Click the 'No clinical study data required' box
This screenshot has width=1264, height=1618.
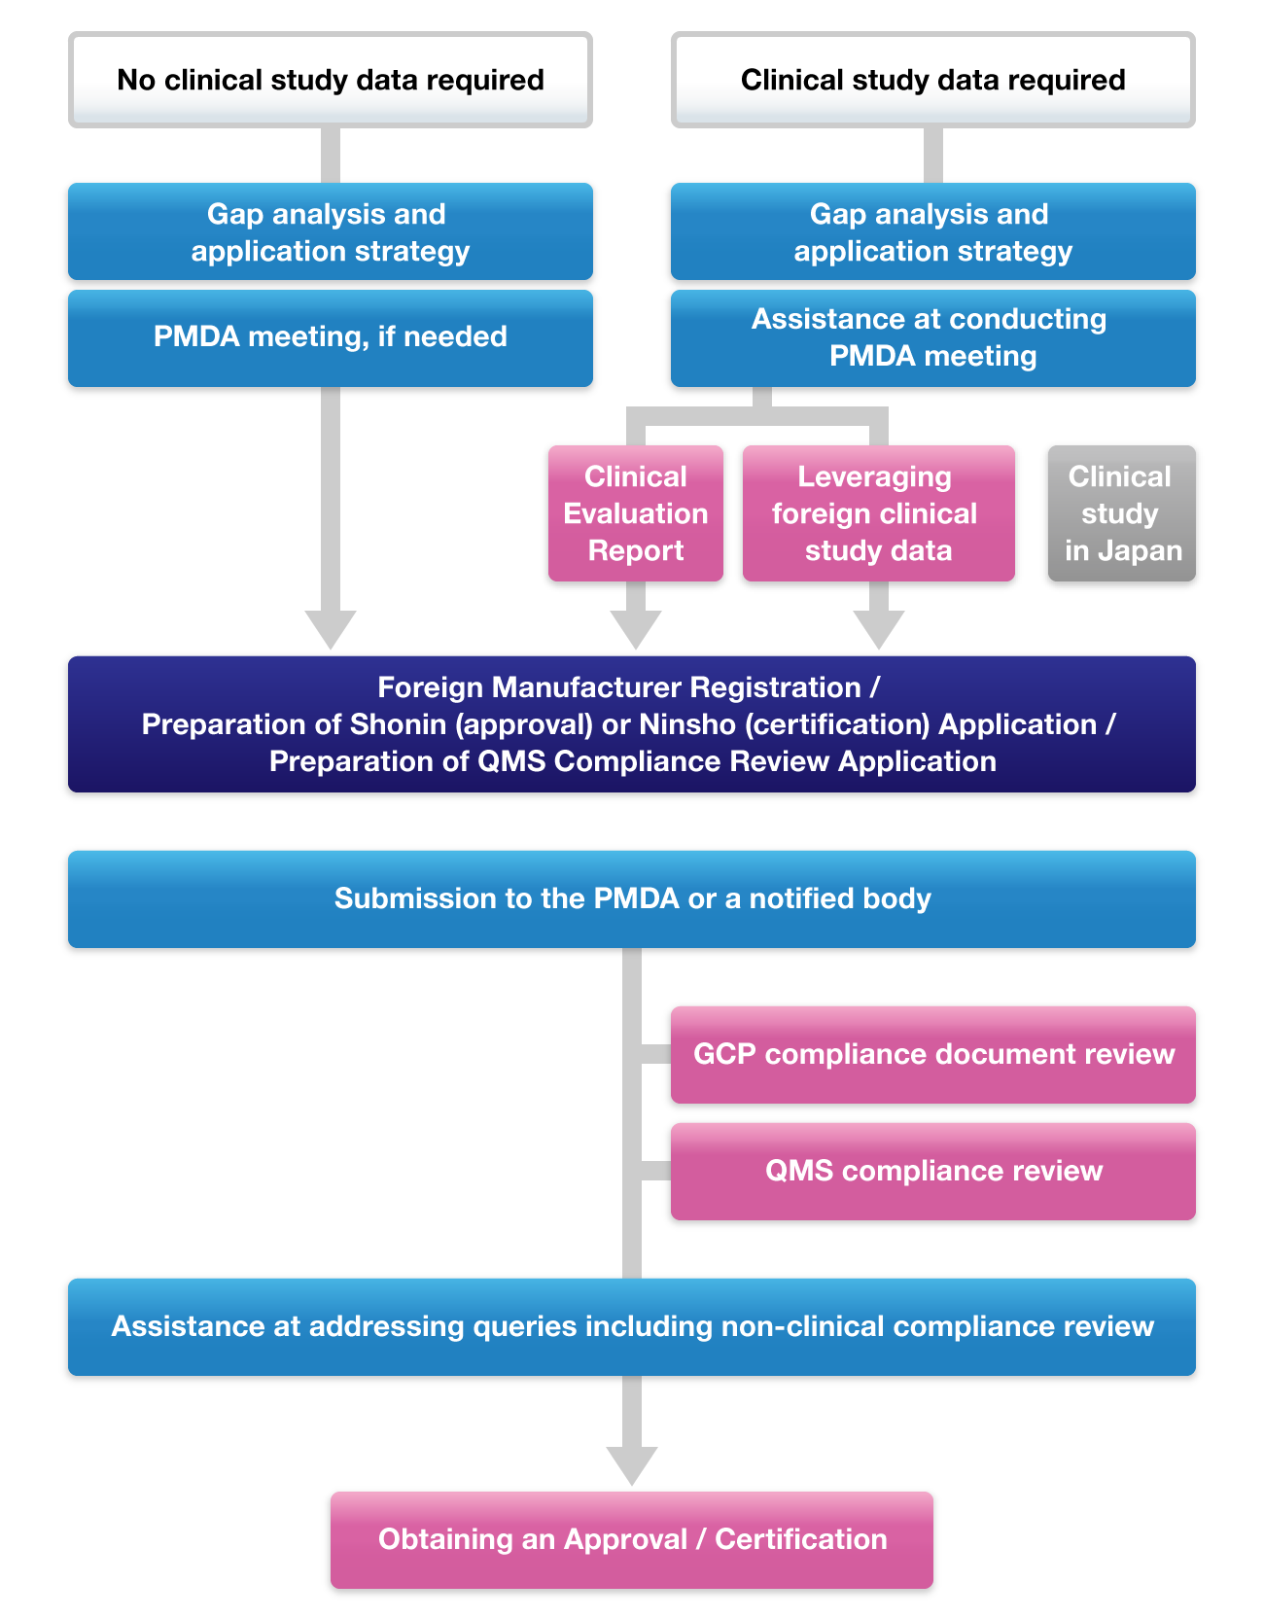[331, 80]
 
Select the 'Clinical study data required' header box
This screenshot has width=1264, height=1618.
[932, 80]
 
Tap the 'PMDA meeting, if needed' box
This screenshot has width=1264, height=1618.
[331, 337]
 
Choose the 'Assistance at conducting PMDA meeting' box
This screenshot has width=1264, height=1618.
[932, 337]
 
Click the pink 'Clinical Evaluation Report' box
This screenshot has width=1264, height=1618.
[636, 513]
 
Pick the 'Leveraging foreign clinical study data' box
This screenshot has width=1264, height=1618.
[878, 513]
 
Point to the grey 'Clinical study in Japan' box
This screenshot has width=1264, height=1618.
[1121, 513]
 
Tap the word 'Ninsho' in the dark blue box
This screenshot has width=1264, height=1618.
[686, 725]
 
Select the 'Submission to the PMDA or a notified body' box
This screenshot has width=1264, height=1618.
[632, 898]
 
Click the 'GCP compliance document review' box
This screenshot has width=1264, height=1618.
[932, 1054]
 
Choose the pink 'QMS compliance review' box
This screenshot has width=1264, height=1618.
[932, 1171]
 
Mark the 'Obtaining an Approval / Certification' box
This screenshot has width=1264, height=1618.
[632, 1539]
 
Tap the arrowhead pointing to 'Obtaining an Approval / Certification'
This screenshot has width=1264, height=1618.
[632, 1464]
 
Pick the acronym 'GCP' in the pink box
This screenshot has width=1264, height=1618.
[724, 1054]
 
